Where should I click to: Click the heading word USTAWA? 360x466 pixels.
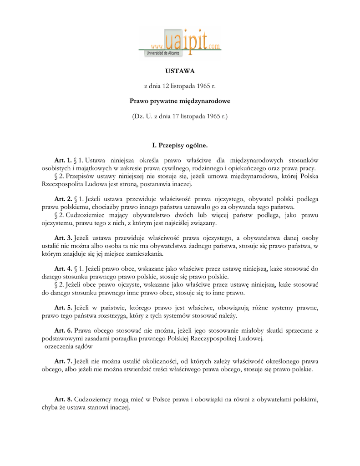[x=179, y=71]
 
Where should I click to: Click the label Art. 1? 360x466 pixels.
[x=63, y=160]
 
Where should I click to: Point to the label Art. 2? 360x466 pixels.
[x=63, y=199]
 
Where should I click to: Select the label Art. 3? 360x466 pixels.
[x=63, y=238]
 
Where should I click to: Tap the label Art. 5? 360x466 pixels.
[x=63, y=308]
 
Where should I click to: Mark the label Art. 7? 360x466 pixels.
[x=63, y=362]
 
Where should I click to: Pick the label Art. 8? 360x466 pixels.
[x=63, y=400]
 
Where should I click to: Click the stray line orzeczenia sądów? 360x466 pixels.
[x=69, y=346]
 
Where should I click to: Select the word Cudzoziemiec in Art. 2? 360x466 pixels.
[x=84, y=215]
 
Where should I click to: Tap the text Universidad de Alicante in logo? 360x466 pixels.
[x=162, y=54]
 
